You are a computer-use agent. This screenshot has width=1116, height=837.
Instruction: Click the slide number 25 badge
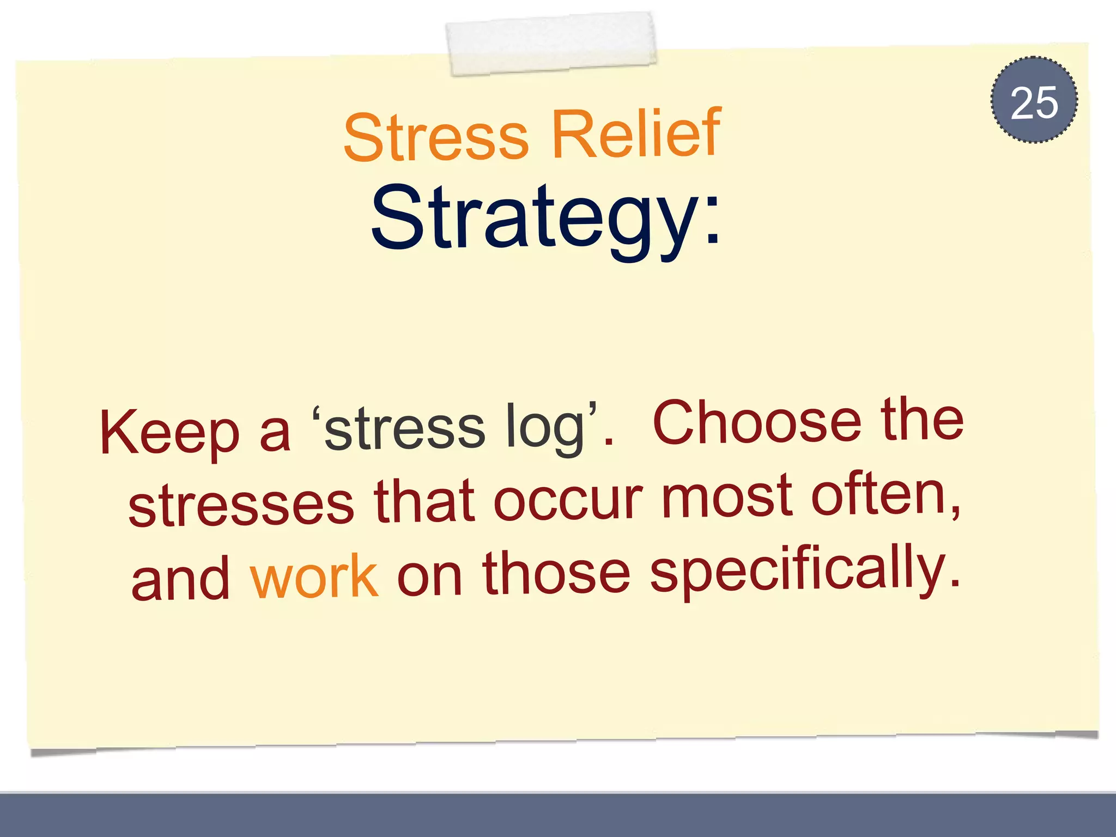[x=1034, y=100]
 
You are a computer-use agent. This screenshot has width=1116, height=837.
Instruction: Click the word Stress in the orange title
[x=436, y=136]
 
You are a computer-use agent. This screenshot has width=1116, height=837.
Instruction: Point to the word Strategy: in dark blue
[x=545, y=218]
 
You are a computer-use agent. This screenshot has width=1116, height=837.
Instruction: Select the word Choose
[x=757, y=422]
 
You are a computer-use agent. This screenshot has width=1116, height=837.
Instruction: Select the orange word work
[x=314, y=576]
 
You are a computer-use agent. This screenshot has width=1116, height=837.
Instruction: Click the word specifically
[x=804, y=569]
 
